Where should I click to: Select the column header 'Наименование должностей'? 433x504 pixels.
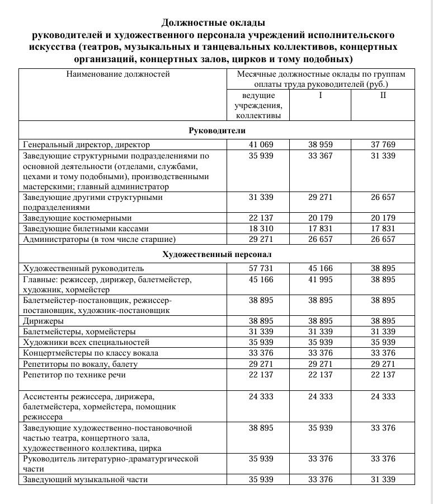(x=117, y=74)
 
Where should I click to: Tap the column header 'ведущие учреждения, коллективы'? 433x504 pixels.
(x=258, y=105)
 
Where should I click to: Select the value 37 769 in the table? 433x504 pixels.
(x=383, y=144)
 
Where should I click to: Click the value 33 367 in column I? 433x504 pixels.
(x=321, y=155)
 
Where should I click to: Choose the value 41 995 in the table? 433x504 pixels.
(x=321, y=279)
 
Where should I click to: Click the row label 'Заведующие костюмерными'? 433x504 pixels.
(x=77, y=218)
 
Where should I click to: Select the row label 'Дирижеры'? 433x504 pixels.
(x=43, y=321)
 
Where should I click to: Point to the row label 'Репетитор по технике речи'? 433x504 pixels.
(x=74, y=375)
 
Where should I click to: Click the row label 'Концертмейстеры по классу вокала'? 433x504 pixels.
(x=91, y=353)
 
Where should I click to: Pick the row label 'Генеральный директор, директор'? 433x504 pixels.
(x=82, y=144)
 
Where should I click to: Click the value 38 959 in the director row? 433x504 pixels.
(x=321, y=144)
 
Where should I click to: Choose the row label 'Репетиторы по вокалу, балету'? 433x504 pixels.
(x=80, y=364)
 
